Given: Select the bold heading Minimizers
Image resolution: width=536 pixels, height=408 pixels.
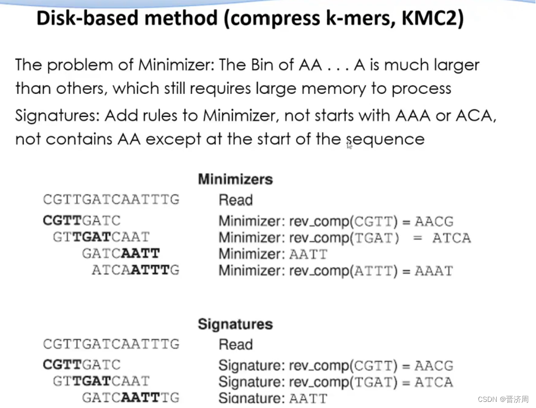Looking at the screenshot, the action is pyautogui.click(x=235, y=180).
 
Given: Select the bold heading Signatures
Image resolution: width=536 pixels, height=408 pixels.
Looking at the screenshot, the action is pyautogui.click(x=235, y=324).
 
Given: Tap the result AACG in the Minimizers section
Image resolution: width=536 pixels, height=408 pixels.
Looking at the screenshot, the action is pyautogui.click(x=434, y=222).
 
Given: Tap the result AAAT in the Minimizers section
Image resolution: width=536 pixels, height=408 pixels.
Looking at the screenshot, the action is pyautogui.click(x=434, y=271).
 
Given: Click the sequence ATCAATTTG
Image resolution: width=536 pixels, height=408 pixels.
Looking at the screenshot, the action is pyautogui.click(x=136, y=270).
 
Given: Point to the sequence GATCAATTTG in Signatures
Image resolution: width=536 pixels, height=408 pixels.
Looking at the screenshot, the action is pyautogui.click(x=130, y=398).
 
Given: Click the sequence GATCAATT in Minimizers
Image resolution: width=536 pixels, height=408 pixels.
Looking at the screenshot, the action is pyautogui.click(x=121, y=253).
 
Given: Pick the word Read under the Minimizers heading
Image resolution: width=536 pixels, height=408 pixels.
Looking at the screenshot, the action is pyautogui.click(x=235, y=200).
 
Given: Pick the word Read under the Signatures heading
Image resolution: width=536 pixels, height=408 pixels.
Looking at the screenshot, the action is pyautogui.click(x=235, y=345).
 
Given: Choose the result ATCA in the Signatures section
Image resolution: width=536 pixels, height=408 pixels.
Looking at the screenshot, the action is pyautogui.click(x=434, y=382).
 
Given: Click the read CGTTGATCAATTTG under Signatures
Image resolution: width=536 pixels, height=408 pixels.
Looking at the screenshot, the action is pyautogui.click(x=111, y=344).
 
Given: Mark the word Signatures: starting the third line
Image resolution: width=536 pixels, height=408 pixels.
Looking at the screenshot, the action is pyautogui.click(x=57, y=116).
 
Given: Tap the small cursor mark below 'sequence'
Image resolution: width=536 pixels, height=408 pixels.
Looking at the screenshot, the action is pyautogui.click(x=350, y=146).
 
